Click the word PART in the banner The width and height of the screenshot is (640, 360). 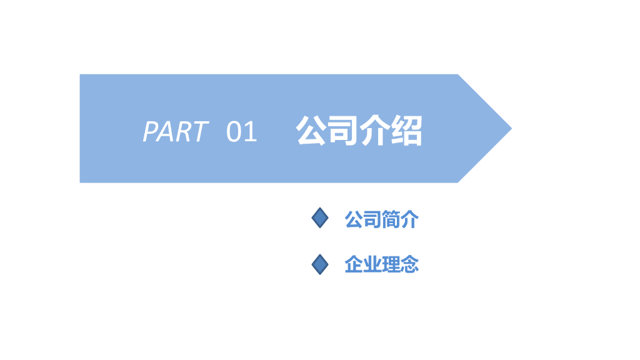[x=175, y=132]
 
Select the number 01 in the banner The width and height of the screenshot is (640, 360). [x=242, y=132]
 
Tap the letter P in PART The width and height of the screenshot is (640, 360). [x=150, y=132]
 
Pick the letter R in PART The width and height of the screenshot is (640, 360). [x=182, y=132]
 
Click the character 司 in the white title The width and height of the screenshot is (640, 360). [x=343, y=131]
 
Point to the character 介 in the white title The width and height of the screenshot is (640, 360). [x=375, y=131]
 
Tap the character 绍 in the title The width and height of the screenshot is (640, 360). [x=407, y=131]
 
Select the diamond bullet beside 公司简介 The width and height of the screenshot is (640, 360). [x=320, y=218]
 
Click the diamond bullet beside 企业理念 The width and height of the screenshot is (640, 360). [x=320, y=264]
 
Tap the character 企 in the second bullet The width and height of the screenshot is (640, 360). [x=354, y=265]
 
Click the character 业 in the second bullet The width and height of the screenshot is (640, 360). [x=372, y=265]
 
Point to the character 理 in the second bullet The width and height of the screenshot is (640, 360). [x=391, y=265]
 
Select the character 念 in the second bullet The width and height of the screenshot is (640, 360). [x=409, y=265]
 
